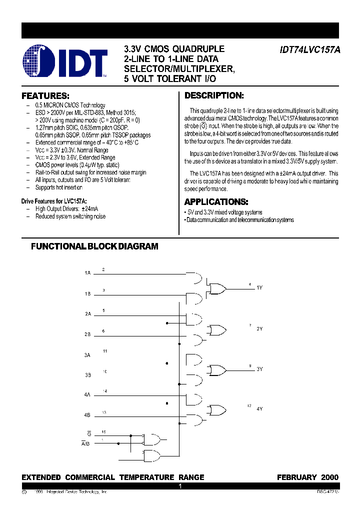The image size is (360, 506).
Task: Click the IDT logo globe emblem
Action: (39, 62)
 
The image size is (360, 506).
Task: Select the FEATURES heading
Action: (45, 95)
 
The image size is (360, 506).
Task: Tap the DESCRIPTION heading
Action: (214, 95)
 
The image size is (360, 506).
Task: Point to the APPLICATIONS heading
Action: (216, 202)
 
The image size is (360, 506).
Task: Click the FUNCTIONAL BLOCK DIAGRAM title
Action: (94, 246)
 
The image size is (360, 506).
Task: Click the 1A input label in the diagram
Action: (87, 273)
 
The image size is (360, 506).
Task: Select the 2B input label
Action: (87, 334)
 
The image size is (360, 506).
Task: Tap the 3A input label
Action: (87, 354)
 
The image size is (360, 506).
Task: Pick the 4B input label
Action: (87, 415)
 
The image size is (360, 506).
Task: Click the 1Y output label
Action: (259, 287)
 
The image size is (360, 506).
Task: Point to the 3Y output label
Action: (259, 369)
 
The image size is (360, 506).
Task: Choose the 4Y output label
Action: (259, 409)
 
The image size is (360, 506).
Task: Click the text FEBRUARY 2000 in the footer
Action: (307, 477)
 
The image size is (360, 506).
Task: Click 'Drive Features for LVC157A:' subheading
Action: (54, 200)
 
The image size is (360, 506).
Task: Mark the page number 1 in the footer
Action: (180, 486)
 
